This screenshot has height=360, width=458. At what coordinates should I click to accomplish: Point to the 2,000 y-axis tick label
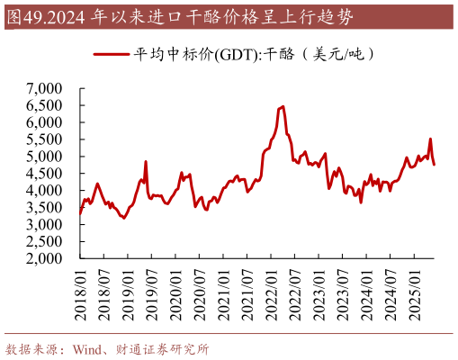[x=44, y=258]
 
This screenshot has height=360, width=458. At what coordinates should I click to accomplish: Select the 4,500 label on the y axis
[x=44, y=174]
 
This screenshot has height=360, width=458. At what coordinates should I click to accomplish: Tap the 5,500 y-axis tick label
[x=44, y=139]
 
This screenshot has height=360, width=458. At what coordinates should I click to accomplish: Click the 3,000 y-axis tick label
[x=44, y=224]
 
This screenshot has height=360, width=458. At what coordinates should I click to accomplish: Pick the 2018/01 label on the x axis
[x=80, y=290]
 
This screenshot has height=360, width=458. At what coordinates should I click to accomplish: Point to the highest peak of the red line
[x=283, y=106]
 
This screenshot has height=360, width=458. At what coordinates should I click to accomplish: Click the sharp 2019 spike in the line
[x=146, y=162]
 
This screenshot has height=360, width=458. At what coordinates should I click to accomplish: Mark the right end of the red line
[x=435, y=165]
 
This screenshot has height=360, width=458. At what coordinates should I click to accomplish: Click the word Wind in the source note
[x=86, y=348]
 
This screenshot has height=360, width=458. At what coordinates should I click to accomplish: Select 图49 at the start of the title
[x=22, y=15]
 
